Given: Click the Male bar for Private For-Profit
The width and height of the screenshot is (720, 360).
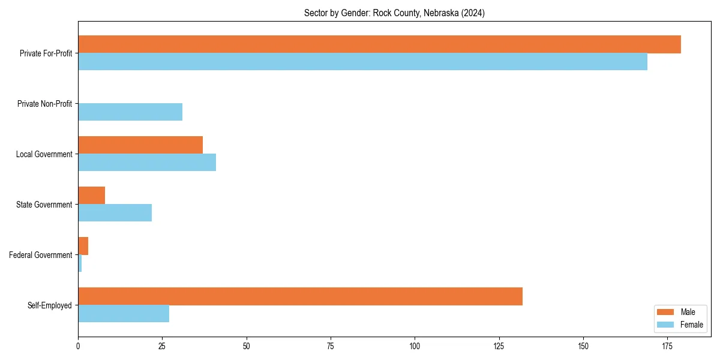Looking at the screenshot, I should [x=379, y=44].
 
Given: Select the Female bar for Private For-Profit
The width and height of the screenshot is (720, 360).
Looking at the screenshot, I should [x=362, y=62].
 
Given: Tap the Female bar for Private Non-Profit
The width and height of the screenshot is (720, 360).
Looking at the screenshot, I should [x=130, y=112].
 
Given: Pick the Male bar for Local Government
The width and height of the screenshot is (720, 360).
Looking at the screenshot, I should [x=140, y=145].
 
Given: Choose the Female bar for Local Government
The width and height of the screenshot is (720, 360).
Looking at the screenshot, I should [x=147, y=163].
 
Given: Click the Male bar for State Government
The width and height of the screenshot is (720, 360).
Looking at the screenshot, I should [x=91, y=196].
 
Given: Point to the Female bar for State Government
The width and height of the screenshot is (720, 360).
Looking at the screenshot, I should [x=115, y=213].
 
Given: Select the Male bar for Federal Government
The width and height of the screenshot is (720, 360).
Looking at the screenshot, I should [x=83, y=246].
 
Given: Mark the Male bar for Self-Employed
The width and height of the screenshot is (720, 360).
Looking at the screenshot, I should [x=300, y=296].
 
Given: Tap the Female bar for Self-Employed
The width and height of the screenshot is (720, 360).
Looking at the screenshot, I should [x=124, y=314].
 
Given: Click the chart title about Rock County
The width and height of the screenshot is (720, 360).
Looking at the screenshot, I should [x=394, y=13].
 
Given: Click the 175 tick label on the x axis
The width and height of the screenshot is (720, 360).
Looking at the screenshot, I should [x=667, y=346].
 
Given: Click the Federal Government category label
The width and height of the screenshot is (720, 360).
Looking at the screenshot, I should [x=41, y=255].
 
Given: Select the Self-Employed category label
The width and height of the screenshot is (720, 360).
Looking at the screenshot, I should [x=50, y=305].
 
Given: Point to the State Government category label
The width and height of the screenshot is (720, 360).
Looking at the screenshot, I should [x=44, y=205].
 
